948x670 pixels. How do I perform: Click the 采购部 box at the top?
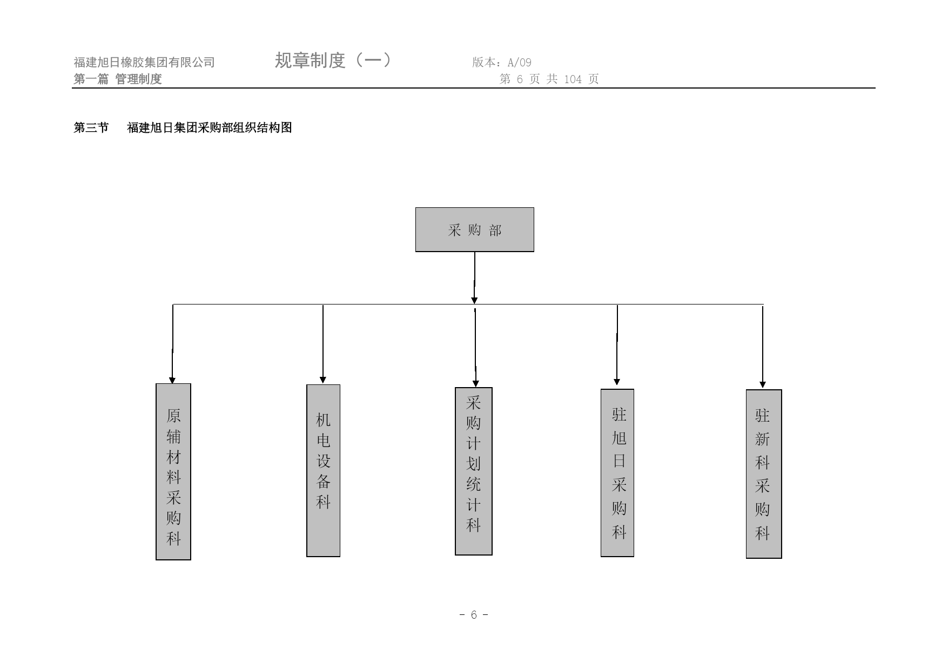pyautogui.click(x=474, y=229)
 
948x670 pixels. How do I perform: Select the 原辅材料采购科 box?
pyautogui.click(x=173, y=472)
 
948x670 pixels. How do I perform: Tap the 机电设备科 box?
pyautogui.click(x=323, y=470)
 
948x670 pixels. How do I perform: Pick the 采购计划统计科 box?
pyautogui.click(x=474, y=471)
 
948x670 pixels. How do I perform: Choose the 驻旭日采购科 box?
pyautogui.click(x=617, y=473)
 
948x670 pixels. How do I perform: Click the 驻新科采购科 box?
pyautogui.click(x=764, y=474)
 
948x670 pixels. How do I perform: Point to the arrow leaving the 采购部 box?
pyautogui.click(x=475, y=278)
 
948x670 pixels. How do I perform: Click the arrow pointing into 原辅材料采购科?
pyautogui.click(x=173, y=344)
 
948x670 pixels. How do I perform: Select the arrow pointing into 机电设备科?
pyautogui.click(x=323, y=344)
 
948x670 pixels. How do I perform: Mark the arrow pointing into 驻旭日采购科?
pyautogui.click(x=617, y=346)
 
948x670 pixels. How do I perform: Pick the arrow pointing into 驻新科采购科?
pyautogui.click(x=763, y=347)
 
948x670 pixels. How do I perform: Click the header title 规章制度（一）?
pyautogui.click(x=333, y=60)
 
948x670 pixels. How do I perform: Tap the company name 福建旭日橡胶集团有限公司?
pyautogui.click(x=144, y=63)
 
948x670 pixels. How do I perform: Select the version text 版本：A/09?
pyautogui.click(x=502, y=63)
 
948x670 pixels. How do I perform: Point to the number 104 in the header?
pyautogui.click(x=573, y=79)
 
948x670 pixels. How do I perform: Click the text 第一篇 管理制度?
pyautogui.click(x=118, y=79)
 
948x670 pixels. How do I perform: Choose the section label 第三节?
pyautogui.click(x=91, y=127)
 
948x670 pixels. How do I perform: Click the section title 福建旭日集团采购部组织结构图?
pyautogui.click(x=210, y=127)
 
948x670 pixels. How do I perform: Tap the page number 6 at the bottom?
pyautogui.click(x=474, y=615)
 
